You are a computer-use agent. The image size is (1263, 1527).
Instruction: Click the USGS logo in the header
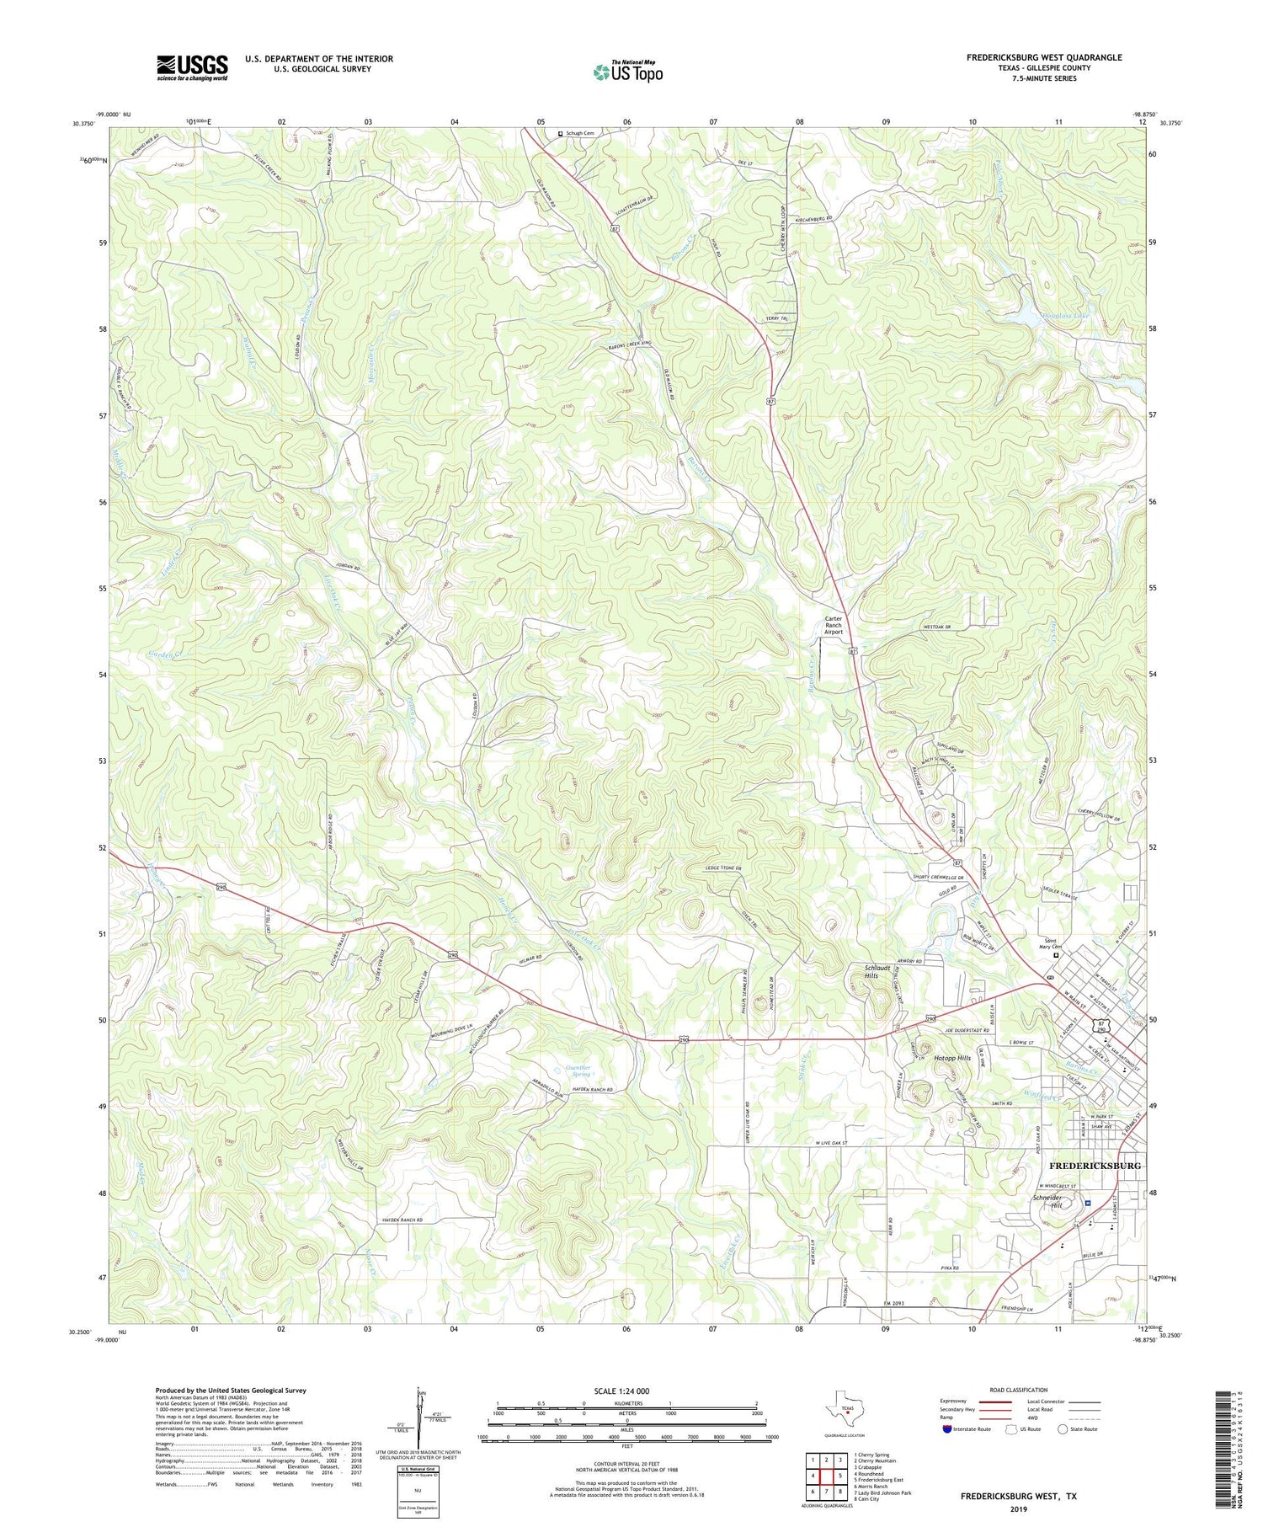(x=192, y=67)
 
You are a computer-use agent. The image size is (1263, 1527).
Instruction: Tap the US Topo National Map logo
(x=627, y=72)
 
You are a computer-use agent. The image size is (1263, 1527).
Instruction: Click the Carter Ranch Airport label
(x=833, y=625)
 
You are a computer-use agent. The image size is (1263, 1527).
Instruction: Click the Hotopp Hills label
(x=952, y=1057)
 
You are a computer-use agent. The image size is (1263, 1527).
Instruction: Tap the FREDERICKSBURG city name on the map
(x=1095, y=1165)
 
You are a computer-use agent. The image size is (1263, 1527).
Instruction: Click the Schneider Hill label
(x=1049, y=1200)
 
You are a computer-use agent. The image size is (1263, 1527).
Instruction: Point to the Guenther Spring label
(x=578, y=1071)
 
